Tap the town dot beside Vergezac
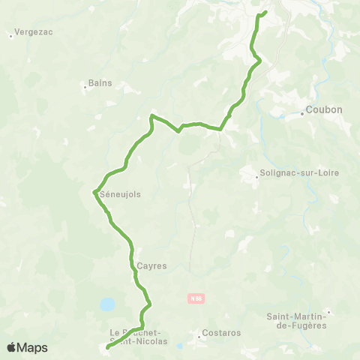tap(10, 34)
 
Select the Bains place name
tap(100, 83)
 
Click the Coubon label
tap(325, 109)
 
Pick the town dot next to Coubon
tap(303, 114)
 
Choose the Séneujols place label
tap(120, 193)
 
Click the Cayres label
tap(151, 265)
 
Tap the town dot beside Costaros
tap(199, 337)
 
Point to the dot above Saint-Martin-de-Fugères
tap(328, 311)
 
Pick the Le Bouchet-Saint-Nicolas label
tap(139, 336)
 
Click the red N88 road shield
tap(196, 298)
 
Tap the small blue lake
tap(107, 304)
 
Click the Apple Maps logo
tap(27, 347)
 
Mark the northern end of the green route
tap(265, 11)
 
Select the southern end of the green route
tap(107, 347)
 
